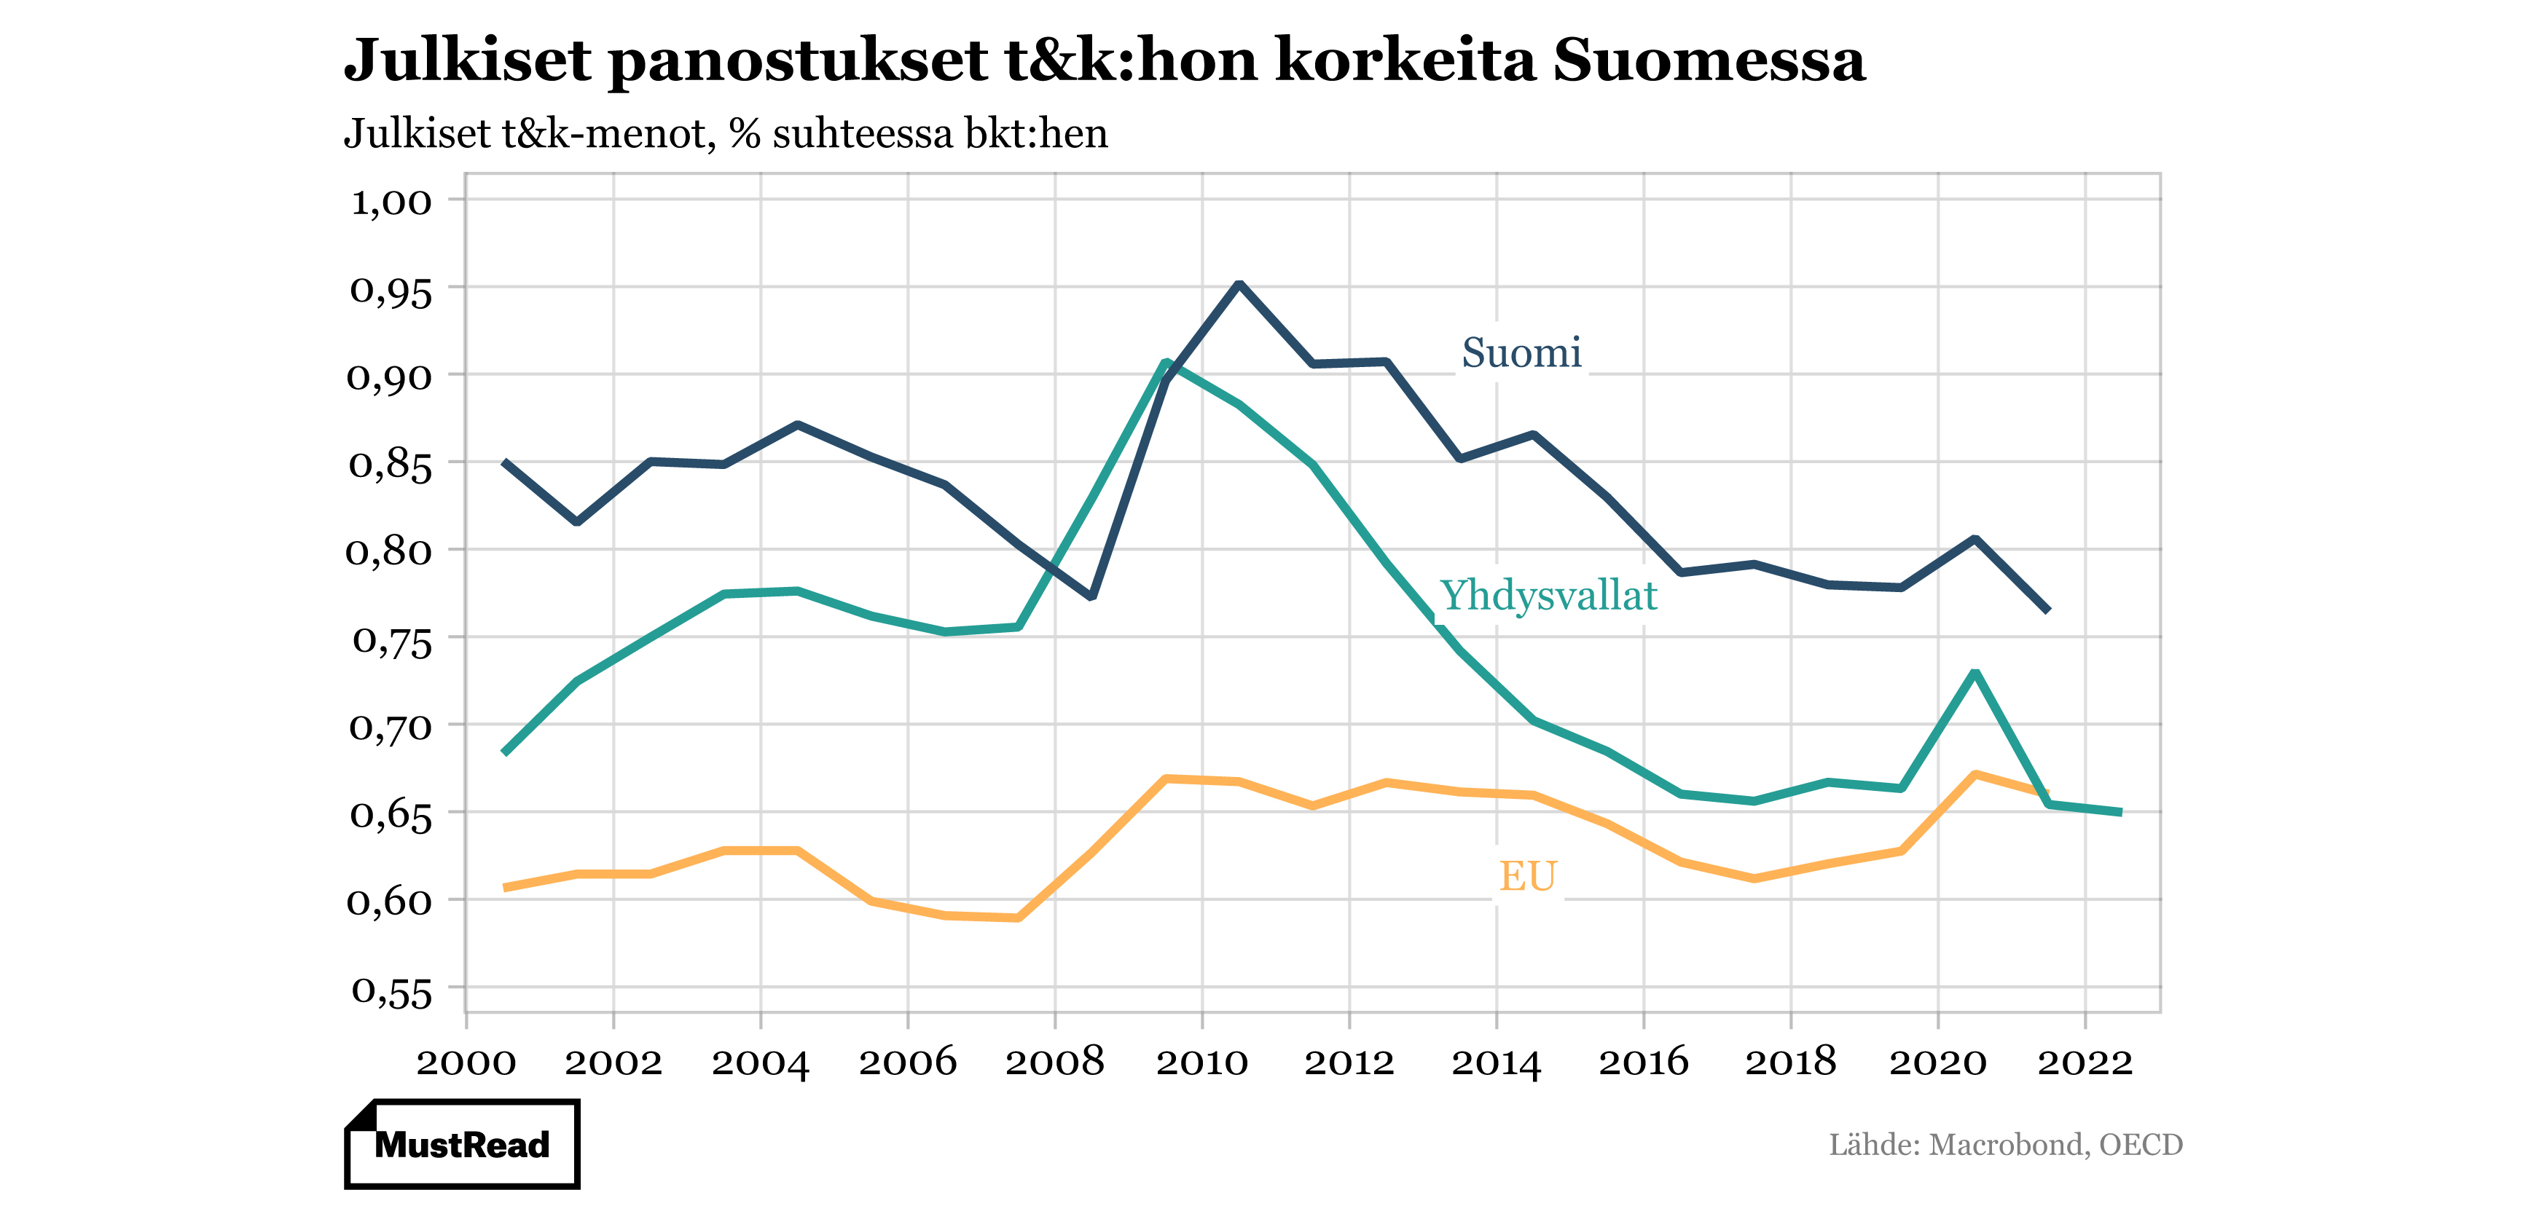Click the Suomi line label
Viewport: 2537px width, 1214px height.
point(1521,352)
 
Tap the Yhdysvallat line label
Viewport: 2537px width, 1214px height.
point(1548,596)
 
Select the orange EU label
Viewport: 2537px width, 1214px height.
point(1526,875)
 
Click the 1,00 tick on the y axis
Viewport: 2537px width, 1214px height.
point(392,201)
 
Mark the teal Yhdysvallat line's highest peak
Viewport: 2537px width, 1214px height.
point(1165,363)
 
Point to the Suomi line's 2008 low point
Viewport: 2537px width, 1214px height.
point(1091,596)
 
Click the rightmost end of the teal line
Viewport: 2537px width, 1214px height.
point(2120,812)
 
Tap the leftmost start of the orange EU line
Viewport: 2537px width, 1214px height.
point(505,887)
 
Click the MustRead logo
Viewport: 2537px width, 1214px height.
point(462,1143)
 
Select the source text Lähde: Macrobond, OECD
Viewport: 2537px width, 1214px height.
point(2005,1144)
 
